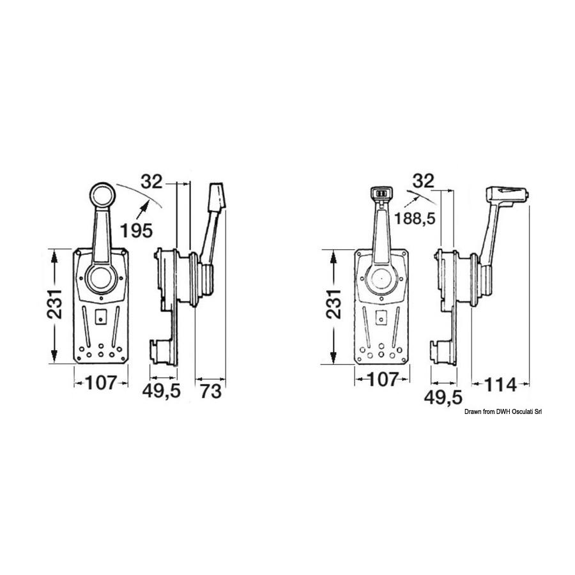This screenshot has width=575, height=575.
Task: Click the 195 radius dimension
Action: point(137,230)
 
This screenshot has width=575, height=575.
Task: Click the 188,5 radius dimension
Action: point(415,218)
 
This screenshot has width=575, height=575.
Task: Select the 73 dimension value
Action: point(211,391)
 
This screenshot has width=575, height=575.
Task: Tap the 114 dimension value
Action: point(500,385)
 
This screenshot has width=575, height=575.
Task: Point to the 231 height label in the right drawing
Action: point(333,304)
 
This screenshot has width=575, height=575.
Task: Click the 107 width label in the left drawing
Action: point(101,383)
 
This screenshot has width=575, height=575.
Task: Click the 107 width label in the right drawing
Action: point(382,380)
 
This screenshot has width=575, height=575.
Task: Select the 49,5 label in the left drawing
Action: point(162,391)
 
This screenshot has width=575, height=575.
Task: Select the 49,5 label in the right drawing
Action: point(443,397)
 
